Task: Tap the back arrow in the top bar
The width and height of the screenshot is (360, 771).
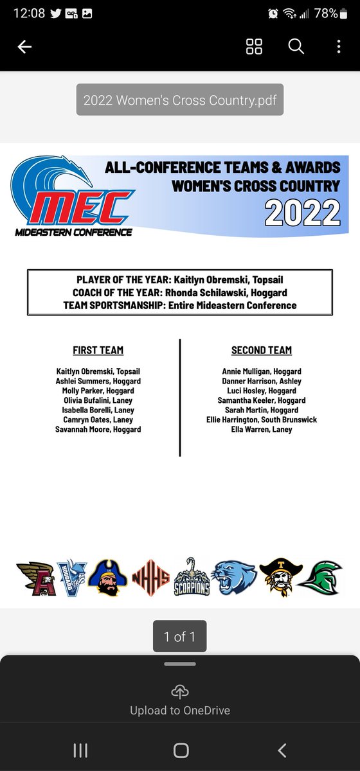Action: click(x=24, y=47)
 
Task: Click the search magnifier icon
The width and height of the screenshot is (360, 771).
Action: click(x=296, y=47)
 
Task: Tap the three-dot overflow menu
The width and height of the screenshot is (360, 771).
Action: click(x=339, y=47)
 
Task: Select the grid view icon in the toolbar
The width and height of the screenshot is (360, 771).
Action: click(x=255, y=47)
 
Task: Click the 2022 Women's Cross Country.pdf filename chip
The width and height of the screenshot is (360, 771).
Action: click(x=180, y=100)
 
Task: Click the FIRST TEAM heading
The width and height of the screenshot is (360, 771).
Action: click(x=98, y=350)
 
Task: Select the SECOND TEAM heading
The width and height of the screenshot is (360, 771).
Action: click(x=262, y=350)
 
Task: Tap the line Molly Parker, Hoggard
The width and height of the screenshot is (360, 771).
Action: click(x=98, y=391)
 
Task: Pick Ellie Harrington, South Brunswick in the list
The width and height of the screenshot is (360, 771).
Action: click(x=262, y=420)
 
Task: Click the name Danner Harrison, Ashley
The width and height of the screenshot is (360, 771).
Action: click(x=262, y=381)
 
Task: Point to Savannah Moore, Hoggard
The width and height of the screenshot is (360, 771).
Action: click(x=98, y=429)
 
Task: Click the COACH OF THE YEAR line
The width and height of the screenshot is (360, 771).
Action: click(x=180, y=293)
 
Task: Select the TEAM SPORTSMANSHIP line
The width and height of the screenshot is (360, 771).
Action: click(x=180, y=305)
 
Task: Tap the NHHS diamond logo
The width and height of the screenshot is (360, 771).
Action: click(x=150, y=578)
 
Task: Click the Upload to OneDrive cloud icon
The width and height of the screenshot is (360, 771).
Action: click(x=180, y=692)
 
